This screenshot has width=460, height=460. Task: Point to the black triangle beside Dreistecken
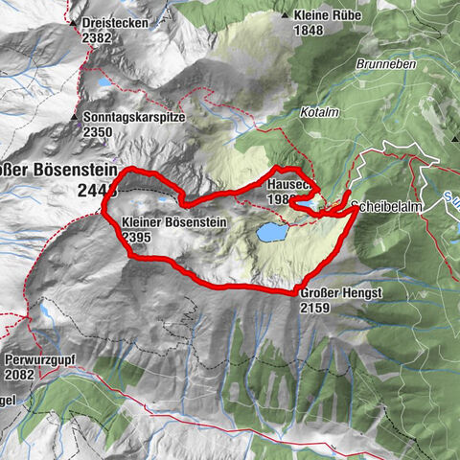pyautogui.click(x=74, y=19)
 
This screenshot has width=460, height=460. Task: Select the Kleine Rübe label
pyautogui.click(x=325, y=15)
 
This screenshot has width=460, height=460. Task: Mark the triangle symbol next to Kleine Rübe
pyautogui.click(x=286, y=15)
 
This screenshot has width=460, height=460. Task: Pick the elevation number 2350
pyautogui.click(x=99, y=131)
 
